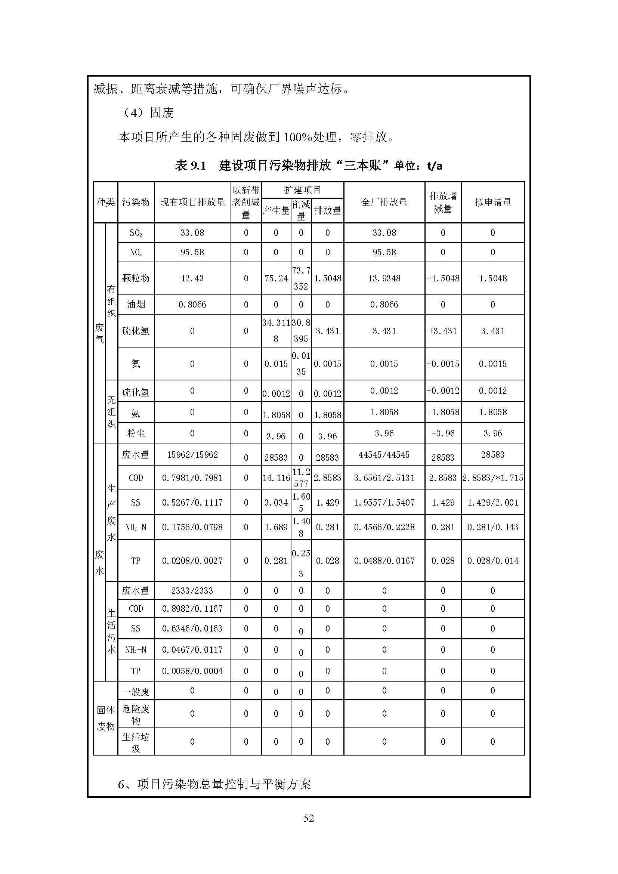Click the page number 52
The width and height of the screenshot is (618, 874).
(309, 818)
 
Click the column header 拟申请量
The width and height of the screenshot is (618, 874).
(492, 202)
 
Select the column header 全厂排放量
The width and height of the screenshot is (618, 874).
(384, 202)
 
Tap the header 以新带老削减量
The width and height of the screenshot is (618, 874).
(246, 202)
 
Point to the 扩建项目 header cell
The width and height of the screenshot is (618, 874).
(303, 190)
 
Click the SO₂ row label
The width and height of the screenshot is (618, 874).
(136, 233)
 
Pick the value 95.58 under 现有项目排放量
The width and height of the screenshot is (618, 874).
(192, 252)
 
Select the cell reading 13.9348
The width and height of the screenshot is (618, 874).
(384, 278)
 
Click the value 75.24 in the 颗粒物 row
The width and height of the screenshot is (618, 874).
(276, 278)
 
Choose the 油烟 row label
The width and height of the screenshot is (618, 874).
(136, 305)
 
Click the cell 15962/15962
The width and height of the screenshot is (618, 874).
(192, 454)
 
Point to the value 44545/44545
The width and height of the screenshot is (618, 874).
(384, 454)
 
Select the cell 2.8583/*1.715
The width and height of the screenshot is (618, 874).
(492, 478)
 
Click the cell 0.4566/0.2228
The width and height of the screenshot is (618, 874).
(384, 527)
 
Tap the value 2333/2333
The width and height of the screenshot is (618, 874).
(192, 591)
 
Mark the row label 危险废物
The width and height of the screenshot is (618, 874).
(136, 714)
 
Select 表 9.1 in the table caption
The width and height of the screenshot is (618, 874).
(190, 166)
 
